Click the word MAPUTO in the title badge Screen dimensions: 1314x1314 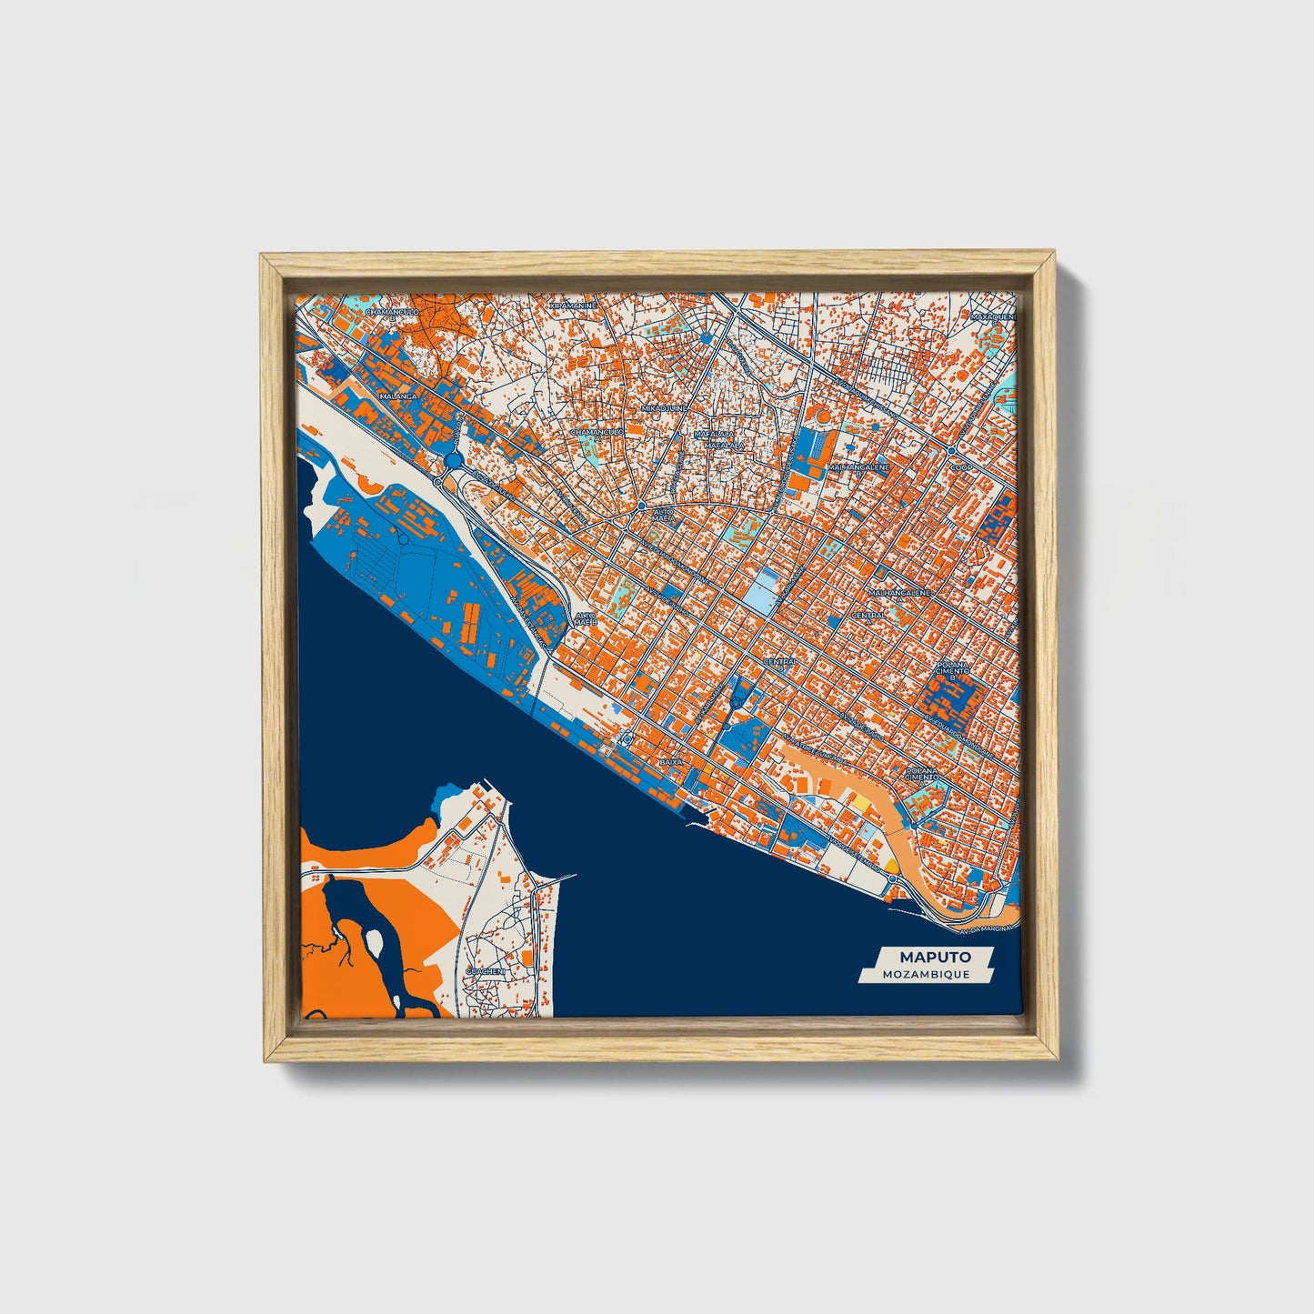pyautogui.click(x=935, y=958)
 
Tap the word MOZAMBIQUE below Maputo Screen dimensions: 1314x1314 pyautogui.click(x=925, y=974)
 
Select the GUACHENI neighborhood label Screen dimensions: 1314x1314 pyautogui.click(x=484, y=971)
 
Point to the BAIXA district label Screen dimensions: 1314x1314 pyautogui.click(x=671, y=760)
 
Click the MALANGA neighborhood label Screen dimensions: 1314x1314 pyautogui.click(x=397, y=396)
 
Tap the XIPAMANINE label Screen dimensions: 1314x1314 pyautogui.click(x=573, y=306)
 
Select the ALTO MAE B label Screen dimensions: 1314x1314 pyautogui.click(x=585, y=618)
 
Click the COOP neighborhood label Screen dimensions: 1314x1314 pyautogui.click(x=961, y=467)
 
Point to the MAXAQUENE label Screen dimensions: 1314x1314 pyautogui.click(x=992, y=316)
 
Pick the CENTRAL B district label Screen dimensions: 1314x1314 pyautogui.click(x=779, y=663)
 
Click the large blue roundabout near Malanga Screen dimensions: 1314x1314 pyautogui.click(x=454, y=461)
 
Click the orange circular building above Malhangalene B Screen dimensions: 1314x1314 pyautogui.click(x=823, y=416)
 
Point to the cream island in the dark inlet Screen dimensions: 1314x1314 pyautogui.click(x=374, y=941)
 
